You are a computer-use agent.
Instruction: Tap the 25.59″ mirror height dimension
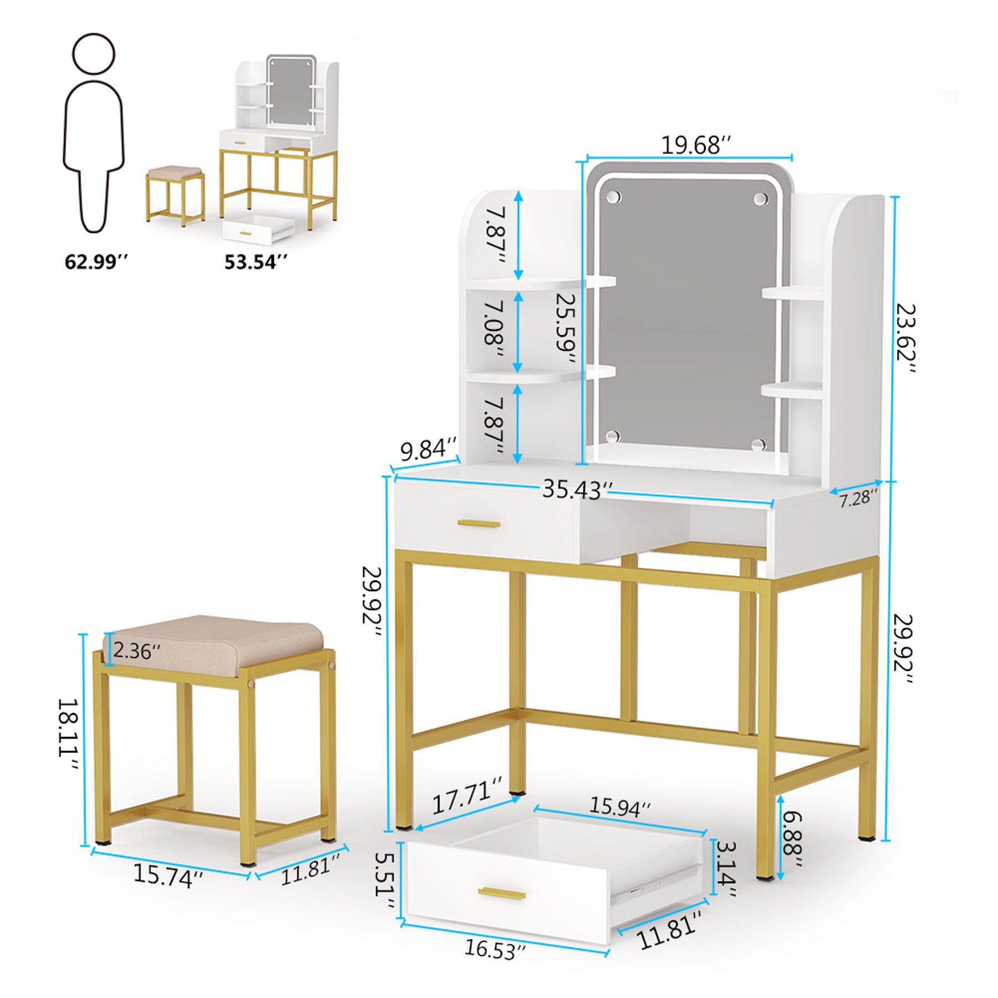click(x=566, y=328)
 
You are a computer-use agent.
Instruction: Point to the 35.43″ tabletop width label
click(x=577, y=490)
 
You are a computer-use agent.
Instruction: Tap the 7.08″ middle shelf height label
click(x=493, y=331)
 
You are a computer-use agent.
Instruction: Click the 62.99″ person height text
click(x=96, y=262)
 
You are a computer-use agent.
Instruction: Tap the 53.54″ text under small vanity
click(x=256, y=262)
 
